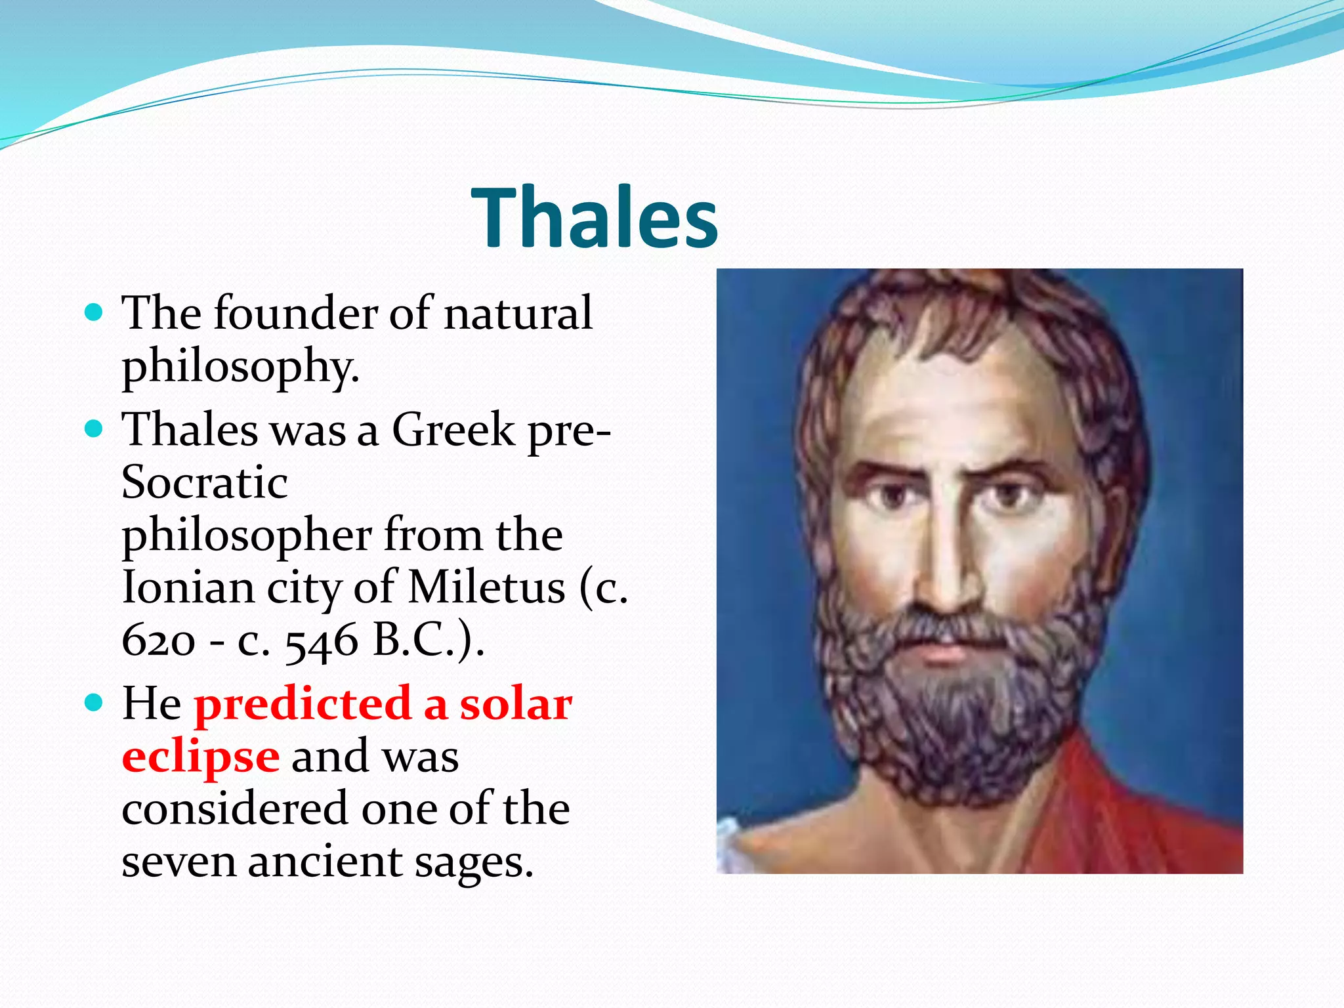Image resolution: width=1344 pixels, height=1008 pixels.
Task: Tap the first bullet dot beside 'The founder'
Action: pyautogui.click(x=94, y=312)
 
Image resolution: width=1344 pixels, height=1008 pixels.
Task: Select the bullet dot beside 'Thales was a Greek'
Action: pyautogui.click(x=94, y=429)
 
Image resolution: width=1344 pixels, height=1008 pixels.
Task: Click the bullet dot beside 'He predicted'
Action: pyautogui.click(x=94, y=703)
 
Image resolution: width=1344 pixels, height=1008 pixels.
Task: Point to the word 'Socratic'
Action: pyautogui.click(x=204, y=482)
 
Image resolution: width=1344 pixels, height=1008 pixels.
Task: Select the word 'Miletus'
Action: pyautogui.click(x=486, y=587)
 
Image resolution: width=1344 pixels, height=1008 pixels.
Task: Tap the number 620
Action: pyautogui.click(x=158, y=640)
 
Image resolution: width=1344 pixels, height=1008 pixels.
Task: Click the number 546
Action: pyautogui.click(x=322, y=641)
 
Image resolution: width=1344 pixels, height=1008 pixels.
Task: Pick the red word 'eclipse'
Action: pyautogui.click(x=201, y=757)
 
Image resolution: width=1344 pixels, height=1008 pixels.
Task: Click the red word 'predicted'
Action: pyautogui.click(x=302, y=703)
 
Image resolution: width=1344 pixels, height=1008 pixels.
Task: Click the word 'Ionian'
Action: pyautogui.click(x=188, y=587)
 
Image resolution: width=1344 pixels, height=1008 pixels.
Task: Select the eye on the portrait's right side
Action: pyautogui.click(x=1007, y=495)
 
